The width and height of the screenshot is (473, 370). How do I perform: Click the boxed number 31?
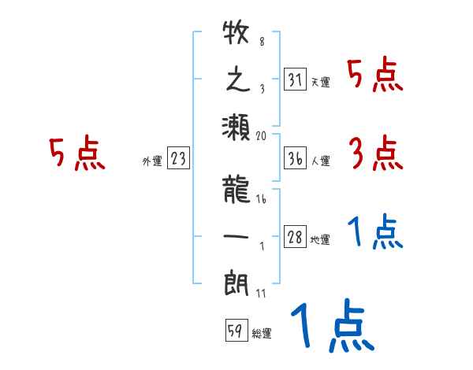(295, 80)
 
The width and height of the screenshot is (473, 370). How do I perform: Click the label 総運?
(262, 334)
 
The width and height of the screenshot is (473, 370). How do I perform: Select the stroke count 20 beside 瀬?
(262, 135)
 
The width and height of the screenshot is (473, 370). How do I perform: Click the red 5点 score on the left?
(77, 154)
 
